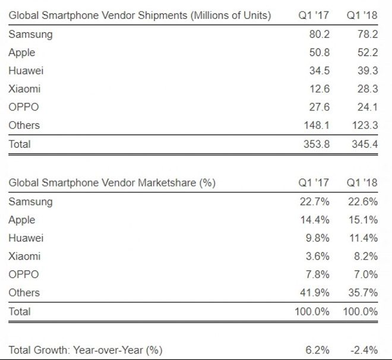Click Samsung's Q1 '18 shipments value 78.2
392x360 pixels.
coord(366,34)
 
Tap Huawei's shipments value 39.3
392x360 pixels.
coord(366,71)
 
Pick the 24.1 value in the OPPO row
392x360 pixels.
coord(366,107)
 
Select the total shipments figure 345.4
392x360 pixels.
coord(363,144)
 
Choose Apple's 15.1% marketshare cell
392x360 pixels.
coord(363,220)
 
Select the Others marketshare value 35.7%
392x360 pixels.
coord(363,293)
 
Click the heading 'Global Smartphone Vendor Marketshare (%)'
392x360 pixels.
coord(112,183)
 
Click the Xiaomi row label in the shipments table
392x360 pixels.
coord(24,89)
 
